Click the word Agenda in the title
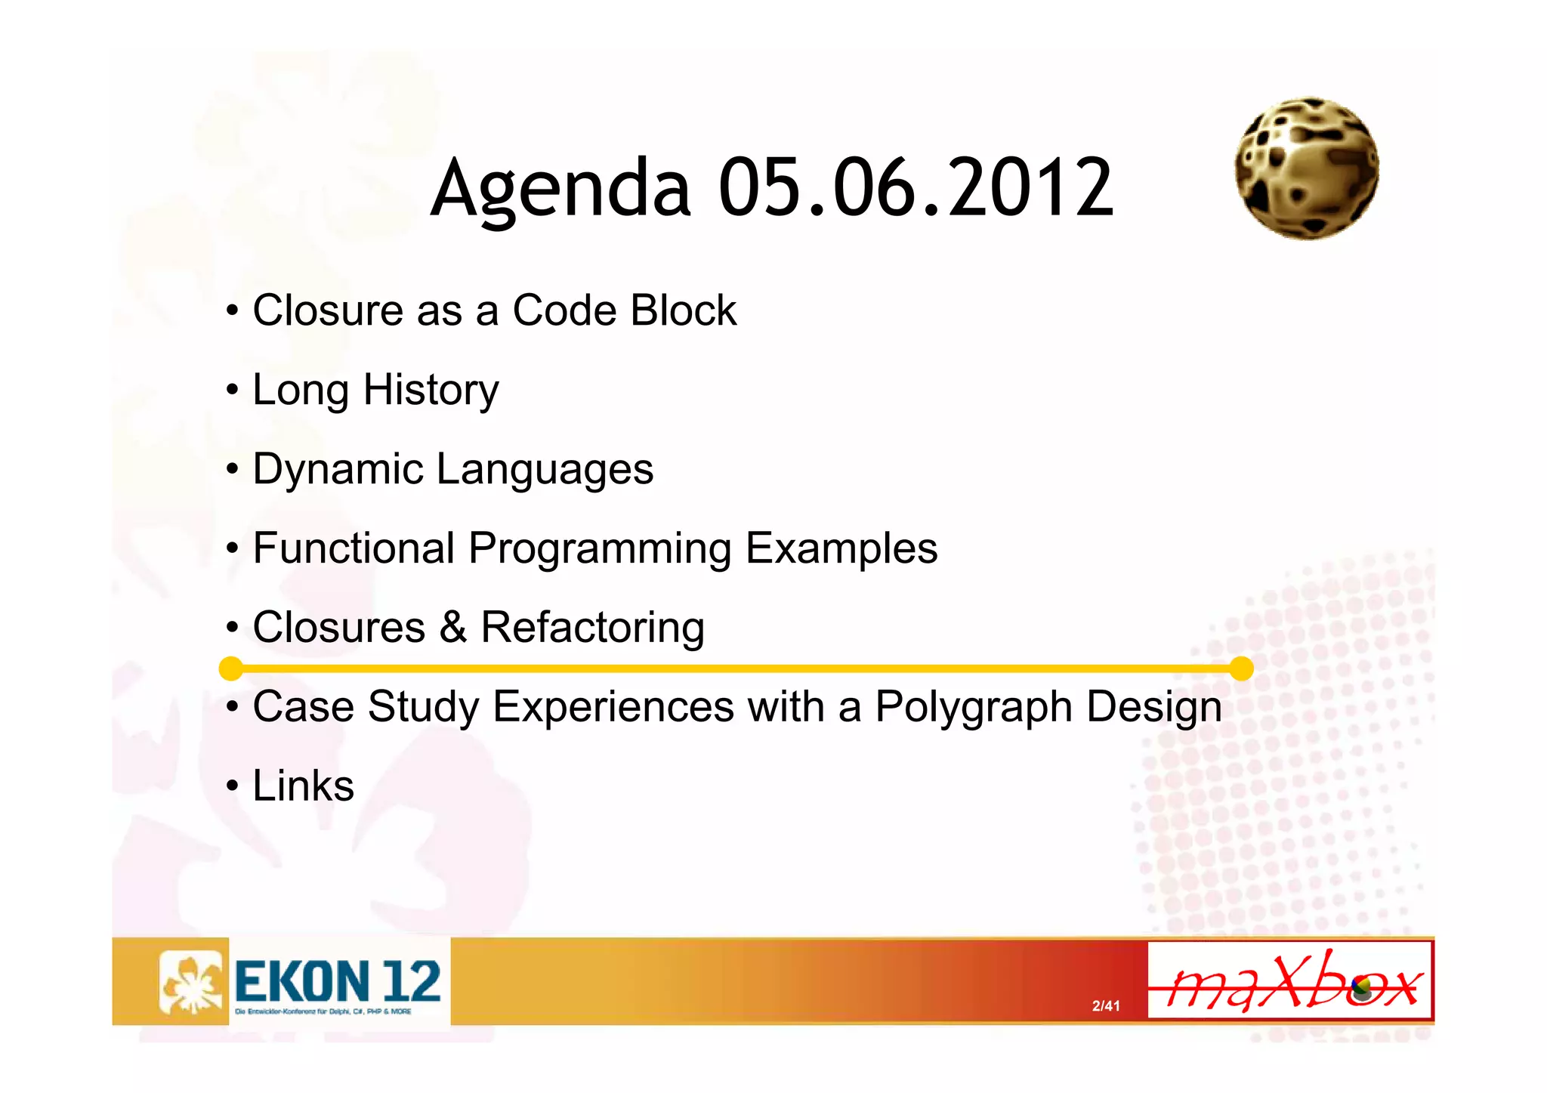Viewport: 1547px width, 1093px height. (560, 189)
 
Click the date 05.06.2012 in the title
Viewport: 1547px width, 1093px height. (916, 187)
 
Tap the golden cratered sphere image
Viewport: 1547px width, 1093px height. (1306, 168)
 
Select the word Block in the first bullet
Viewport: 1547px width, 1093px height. (683, 310)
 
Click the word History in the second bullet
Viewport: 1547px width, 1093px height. (431, 391)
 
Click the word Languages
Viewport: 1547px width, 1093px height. (545, 470)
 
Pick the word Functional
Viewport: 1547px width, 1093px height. (354, 548)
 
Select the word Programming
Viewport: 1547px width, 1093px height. (600, 550)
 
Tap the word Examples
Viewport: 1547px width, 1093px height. (841, 550)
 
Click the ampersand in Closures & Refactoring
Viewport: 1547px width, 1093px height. (452, 628)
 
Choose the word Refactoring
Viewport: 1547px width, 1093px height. (592, 628)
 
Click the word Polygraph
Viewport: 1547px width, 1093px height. (974, 708)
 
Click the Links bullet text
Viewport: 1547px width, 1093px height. (303, 786)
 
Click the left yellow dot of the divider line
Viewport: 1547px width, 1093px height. (230, 668)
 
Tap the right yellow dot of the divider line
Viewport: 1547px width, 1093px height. (1241, 668)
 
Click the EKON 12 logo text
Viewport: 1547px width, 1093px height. (337, 981)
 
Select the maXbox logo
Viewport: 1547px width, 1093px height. (1289, 980)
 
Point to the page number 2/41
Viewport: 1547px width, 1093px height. (1106, 1005)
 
